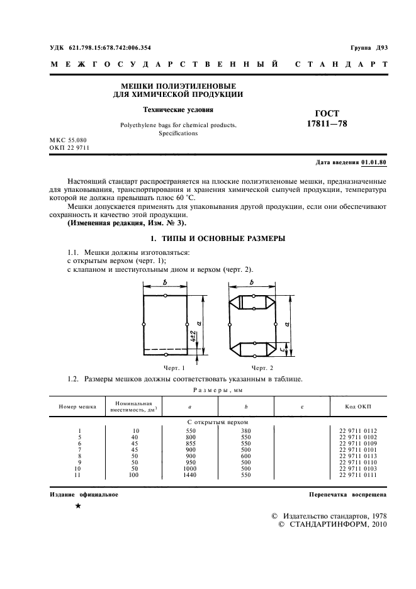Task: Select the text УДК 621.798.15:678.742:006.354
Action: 100,48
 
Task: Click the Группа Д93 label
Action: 369,48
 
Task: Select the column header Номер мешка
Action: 77,407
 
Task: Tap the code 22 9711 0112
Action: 357,430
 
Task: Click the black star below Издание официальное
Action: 77,507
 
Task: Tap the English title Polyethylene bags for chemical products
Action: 178,125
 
